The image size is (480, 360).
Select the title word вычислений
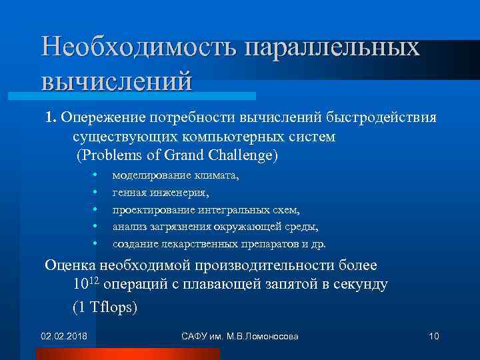coord(117,80)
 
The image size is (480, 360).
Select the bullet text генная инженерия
coord(161,193)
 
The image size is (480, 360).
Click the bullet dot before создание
coord(96,243)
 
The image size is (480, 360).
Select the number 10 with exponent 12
coord(86,284)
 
